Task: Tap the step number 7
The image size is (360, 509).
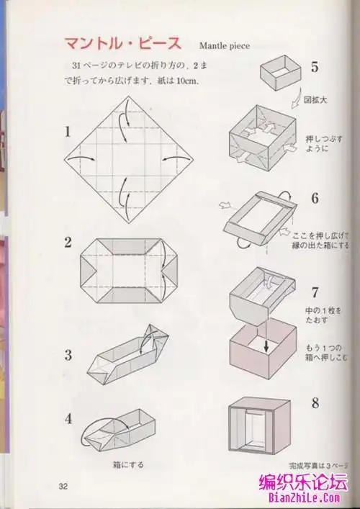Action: (315, 293)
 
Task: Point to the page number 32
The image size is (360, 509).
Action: (63, 484)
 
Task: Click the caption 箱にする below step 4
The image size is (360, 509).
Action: (127, 465)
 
